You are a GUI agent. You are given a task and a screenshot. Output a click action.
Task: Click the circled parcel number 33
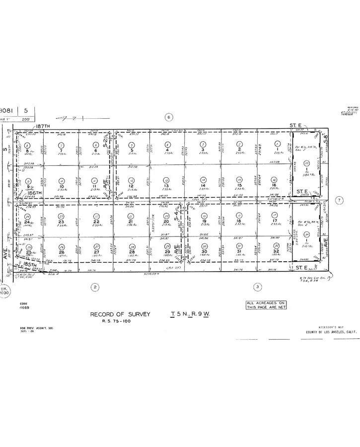(x=306, y=163)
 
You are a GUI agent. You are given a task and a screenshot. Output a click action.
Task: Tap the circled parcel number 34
(x=306, y=234)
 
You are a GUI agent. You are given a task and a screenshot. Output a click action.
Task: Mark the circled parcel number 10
(x=61, y=181)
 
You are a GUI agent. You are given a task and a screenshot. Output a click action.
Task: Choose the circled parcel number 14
(x=203, y=179)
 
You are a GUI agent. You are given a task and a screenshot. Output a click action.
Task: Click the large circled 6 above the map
(x=169, y=117)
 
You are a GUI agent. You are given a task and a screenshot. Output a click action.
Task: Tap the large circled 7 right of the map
(x=340, y=201)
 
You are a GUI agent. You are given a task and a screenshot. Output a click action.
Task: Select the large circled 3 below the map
(x=271, y=287)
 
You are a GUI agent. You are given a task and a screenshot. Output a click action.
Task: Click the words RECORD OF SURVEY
(x=118, y=314)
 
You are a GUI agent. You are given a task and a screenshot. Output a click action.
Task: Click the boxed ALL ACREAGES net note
(x=266, y=305)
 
